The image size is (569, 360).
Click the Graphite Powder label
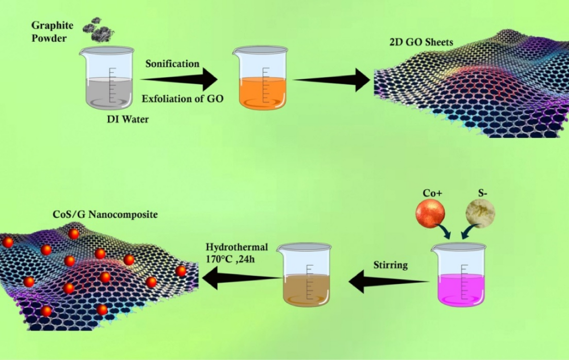click(52, 32)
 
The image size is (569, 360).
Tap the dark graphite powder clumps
click(98, 30)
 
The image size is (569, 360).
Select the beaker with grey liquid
click(107, 77)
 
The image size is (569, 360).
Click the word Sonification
click(172, 64)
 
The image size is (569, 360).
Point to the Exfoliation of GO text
click(183, 99)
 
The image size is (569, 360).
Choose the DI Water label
click(128, 119)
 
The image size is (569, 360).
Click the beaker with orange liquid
click(260, 77)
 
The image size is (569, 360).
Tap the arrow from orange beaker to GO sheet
click(332, 80)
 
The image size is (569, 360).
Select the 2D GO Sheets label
click(421, 42)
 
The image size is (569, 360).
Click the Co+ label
click(432, 193)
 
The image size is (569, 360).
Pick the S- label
click(483, 193)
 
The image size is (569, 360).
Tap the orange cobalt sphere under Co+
click(431, 213)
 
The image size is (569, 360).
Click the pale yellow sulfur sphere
click(480, 213)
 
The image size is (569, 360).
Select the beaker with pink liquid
click(459, 275)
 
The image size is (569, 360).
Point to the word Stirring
click(390, 265)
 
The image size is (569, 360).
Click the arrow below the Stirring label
click(389, 281)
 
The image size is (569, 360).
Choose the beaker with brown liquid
click(304, 274)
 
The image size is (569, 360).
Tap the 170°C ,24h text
click(230, 259)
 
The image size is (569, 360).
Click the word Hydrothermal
click(237, 247)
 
